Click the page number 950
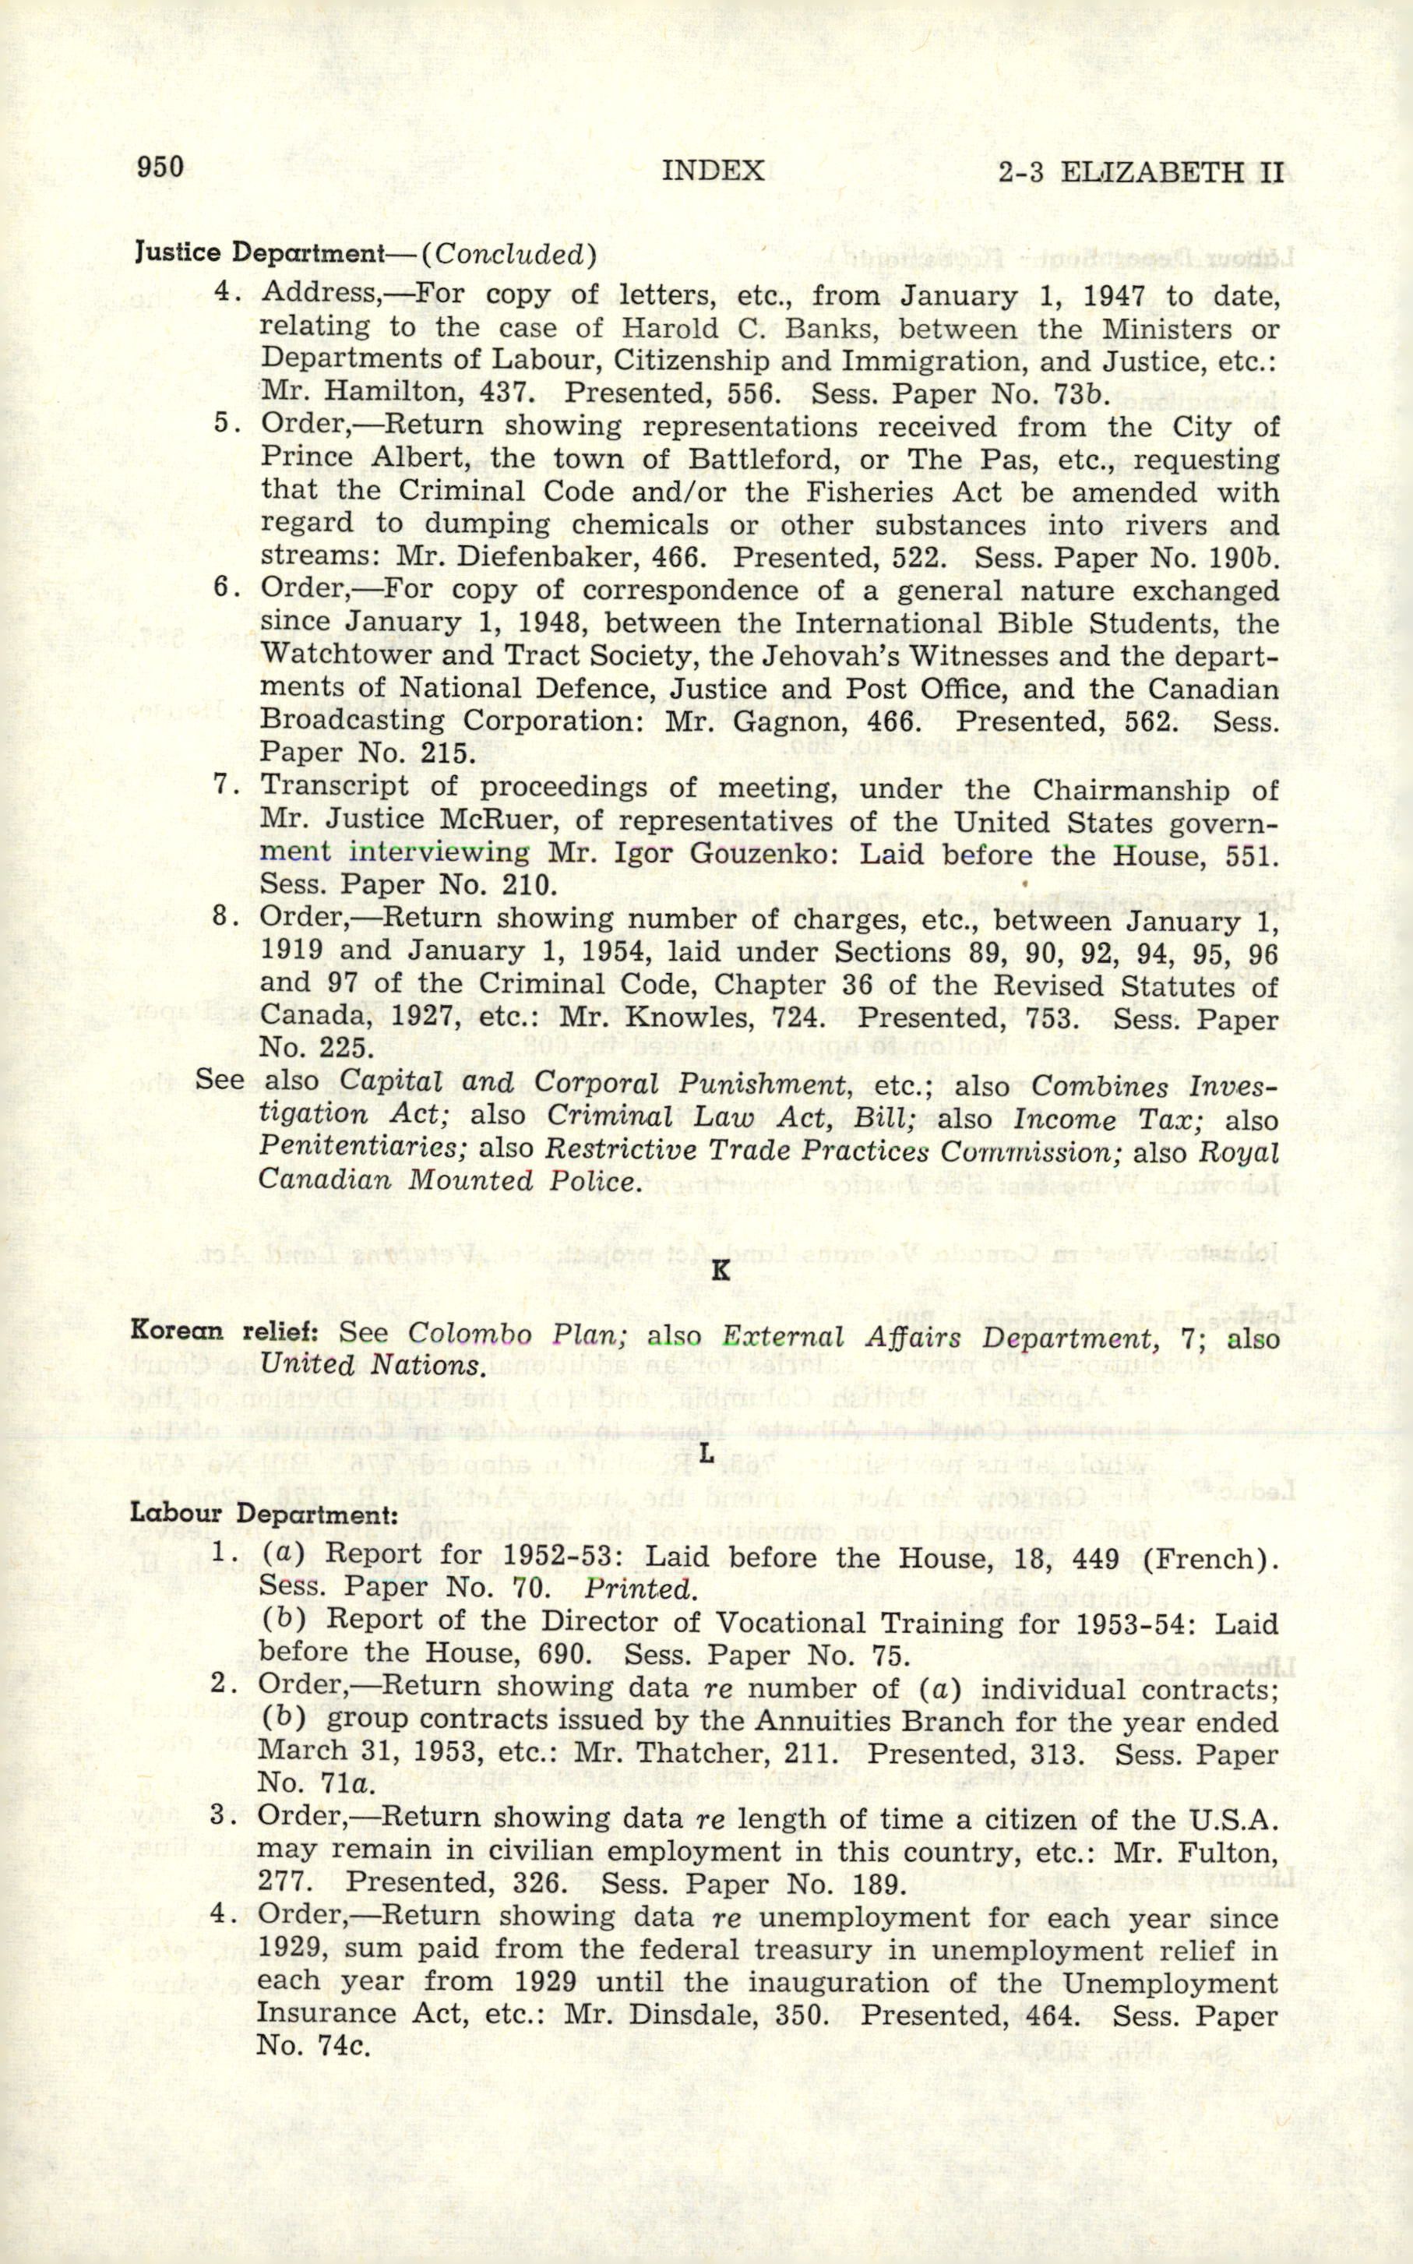[160, 168]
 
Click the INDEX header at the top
[712, 171]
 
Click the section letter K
[720, 1271]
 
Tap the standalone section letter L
[706, 1453]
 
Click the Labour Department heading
[263, 1513]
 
